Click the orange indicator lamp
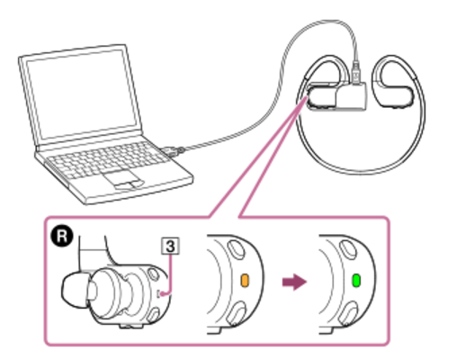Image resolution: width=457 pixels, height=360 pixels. [245, 281]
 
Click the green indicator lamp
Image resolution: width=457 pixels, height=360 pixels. [356, 281]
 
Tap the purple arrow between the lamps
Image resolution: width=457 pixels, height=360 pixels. [294, 282]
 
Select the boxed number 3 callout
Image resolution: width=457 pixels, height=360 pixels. [170, 247]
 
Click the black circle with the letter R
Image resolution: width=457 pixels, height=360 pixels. [62, 237]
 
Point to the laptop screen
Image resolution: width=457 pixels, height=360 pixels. [81, 94]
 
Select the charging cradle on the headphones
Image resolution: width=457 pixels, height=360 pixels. [351, 96]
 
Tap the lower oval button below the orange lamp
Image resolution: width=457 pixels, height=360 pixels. [237, 313]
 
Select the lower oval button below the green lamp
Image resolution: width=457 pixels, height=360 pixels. [348, 313]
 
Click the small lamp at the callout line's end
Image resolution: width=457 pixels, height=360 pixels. [161, 293]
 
